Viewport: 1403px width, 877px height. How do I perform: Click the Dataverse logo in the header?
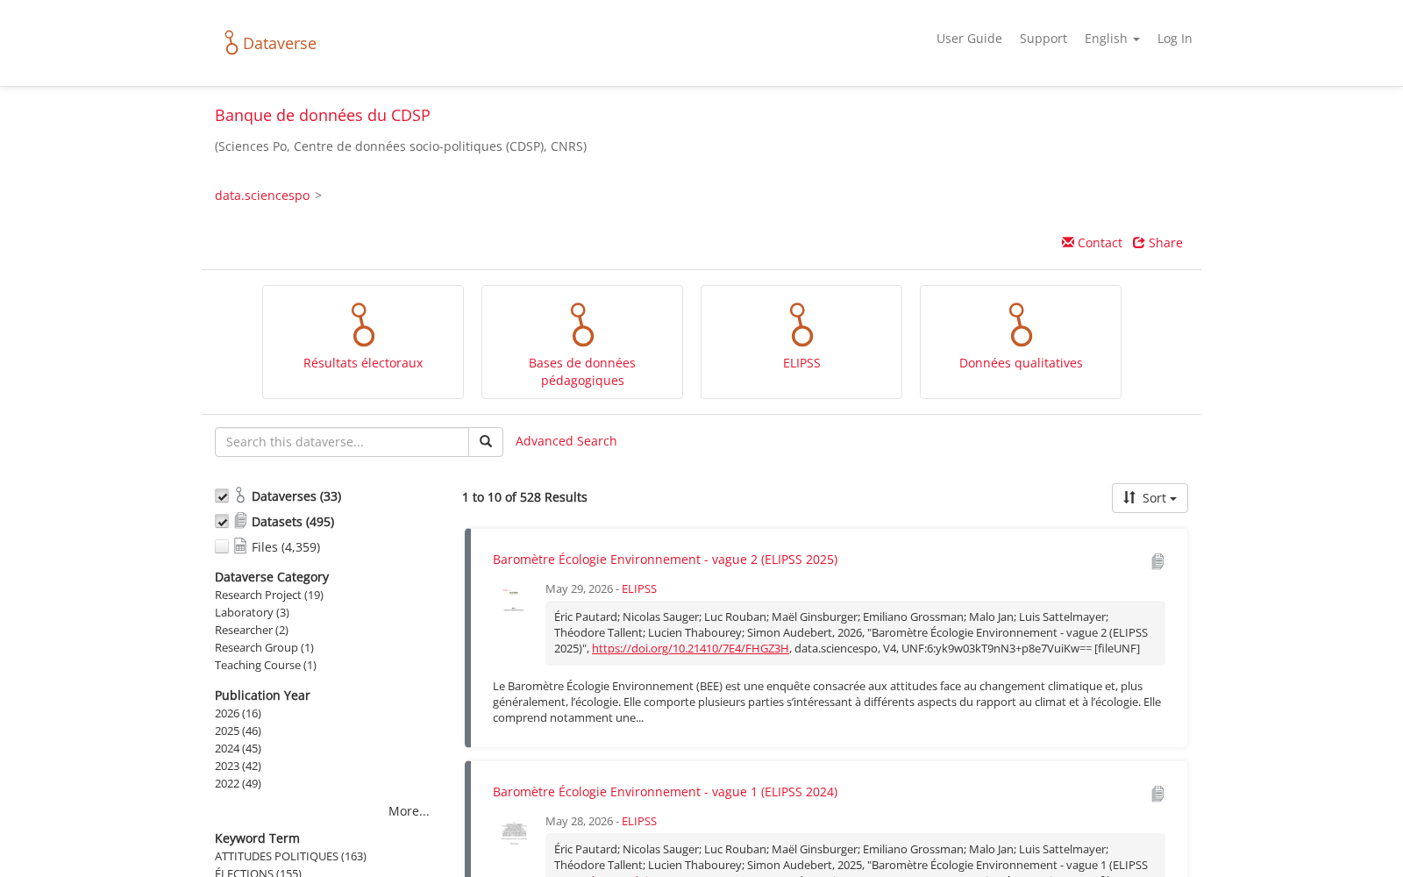271,43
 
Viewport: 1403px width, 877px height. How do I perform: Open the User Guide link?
969,39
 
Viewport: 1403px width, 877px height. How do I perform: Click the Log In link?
1174,39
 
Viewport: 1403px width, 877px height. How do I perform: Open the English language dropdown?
1112,39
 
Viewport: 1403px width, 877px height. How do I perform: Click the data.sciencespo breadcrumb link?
262,196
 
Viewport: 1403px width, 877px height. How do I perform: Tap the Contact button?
1092,242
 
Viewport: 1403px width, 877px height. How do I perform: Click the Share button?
1157,242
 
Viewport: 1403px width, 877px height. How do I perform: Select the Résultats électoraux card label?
363,363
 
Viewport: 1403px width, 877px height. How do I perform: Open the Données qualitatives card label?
1021,363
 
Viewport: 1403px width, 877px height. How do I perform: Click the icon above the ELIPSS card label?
801,324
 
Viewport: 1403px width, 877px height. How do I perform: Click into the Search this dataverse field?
341,442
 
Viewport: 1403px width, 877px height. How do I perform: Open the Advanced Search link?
566,441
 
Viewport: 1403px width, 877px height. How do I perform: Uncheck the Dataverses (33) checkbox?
222,496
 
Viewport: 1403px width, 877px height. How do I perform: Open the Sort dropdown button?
1150,498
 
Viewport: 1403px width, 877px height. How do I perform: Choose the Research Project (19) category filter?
268,595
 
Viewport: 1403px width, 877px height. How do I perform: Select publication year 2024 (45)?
238,749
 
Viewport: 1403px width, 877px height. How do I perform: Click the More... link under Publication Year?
409,811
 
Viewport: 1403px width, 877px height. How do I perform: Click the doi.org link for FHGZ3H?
689,648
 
